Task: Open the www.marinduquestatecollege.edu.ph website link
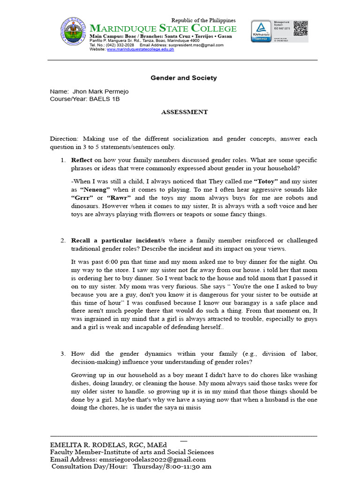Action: pyautogui.click(x=140, y=49)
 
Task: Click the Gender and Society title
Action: pyautogui.click(x=183, y=78)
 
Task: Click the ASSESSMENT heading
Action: pyautogui.click(x=184, y=112)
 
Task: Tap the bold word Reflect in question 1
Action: pyautogui.click(x=82, y=160)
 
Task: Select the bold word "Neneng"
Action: pyautogui.click(x=95, y=189)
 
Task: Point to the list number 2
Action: pyautogui.click(x=62, y=240)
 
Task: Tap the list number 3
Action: pyautogui.click(x=62, y=353)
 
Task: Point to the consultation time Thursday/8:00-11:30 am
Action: pyautogui.click(x=172, y=467)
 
